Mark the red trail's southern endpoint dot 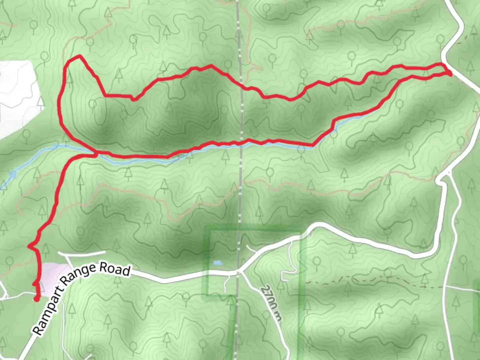coord(36,299)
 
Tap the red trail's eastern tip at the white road coord(449,73)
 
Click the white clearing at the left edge coord(17,97)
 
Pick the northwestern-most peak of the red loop coord(79,56)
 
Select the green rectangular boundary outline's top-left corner coord(207,229)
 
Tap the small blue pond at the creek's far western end coord(13,174)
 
